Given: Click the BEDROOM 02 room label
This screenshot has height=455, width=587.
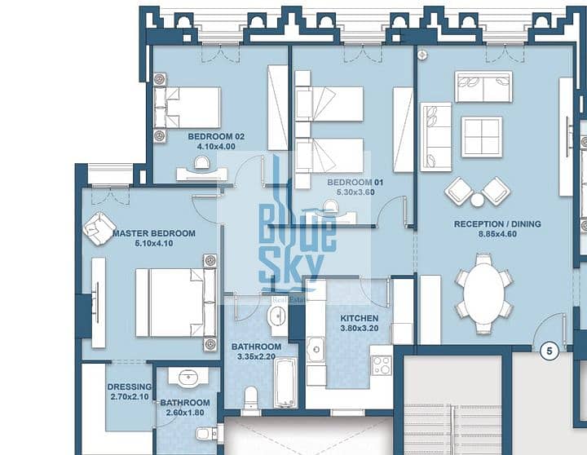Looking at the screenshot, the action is pyautogui.click(x=216, y=137).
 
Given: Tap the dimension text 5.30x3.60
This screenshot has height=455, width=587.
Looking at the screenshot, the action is pyautogui.click(x=355, y=192).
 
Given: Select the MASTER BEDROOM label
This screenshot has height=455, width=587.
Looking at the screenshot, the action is pyautogui.click(x=154, y=233).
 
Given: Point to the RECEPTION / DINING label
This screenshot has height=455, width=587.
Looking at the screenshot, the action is pyautogui.click(x=497, y=224).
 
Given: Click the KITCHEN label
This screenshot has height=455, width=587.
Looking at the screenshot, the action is pyautogui.click(x=359, y=318).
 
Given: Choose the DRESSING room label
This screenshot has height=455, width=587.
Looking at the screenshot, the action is pyautogui.click(x=130, y=387).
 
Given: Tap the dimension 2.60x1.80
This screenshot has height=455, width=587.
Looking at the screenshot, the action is pyautogui.click(x=185, y=413).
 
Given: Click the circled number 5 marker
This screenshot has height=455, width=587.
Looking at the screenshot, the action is pyautogui.click(x=549, y=351).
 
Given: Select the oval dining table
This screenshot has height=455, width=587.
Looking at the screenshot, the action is pyautogui.click(x=483, y=294).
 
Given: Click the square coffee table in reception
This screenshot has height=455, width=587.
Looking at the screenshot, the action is pyautogui.click(x=482, y=137).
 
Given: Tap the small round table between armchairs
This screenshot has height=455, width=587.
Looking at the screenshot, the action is pyautogui.click(x=477, y=200).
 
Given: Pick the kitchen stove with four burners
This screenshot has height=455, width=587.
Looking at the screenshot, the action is pyautogui.click(x=382, y=365).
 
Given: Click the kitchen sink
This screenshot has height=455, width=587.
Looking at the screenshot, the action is pyautogui.click(x=316, y=349).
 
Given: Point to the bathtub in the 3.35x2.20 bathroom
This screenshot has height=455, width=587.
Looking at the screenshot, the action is pyautogui.click(x=285, y=382).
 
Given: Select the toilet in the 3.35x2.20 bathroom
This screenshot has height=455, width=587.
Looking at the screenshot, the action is pyautogui.click(x=250, y=399).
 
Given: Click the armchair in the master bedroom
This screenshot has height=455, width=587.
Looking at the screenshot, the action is pyautogui.click(x=99, y=228).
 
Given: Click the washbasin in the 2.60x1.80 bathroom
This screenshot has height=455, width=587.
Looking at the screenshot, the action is pyautogui.click(x=188, y=377).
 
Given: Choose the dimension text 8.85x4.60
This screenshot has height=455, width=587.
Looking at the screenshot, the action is pyautogui.click(x=497, y=234).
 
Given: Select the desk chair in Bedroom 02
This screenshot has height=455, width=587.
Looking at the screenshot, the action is pyautogui.click(x=202, y=163).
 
